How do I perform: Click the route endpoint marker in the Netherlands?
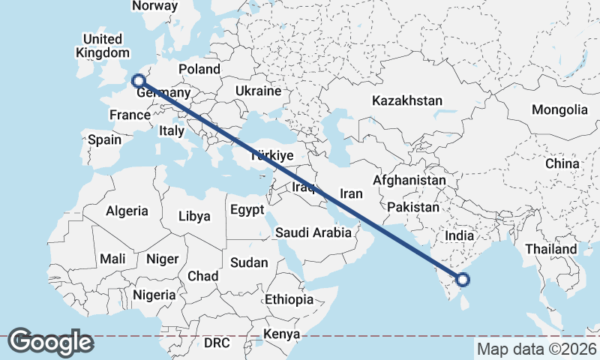[x=138, y=80]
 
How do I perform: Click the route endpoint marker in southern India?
[x=463, y=280]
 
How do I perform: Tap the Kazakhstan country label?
[x=406, y=100]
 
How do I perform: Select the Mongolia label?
[x=559, y=109]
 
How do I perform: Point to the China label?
[x=562, y=163]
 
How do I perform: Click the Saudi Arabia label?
[x=313, y=232]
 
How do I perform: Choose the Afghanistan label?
[x=409, y=181]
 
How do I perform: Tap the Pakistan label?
[x=414, y=206]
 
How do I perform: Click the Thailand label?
[x=551, y=249]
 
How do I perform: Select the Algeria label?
[x=127, y=211]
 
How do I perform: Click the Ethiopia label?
[x=289, y=299]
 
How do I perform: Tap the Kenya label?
[x=282, y=334]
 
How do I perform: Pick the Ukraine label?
[x=257, y=91]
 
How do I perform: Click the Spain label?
[x=104, y=139]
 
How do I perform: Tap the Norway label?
[x=154, y=6]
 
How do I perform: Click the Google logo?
[x=51, y=341]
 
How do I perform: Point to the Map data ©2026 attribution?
[x=536, y=349]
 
